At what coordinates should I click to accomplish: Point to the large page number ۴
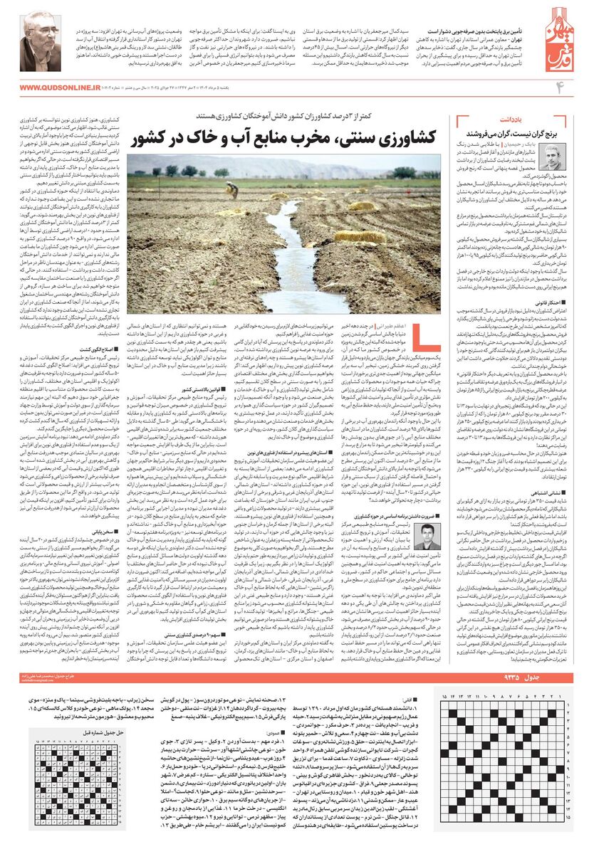tap(567, 88)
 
